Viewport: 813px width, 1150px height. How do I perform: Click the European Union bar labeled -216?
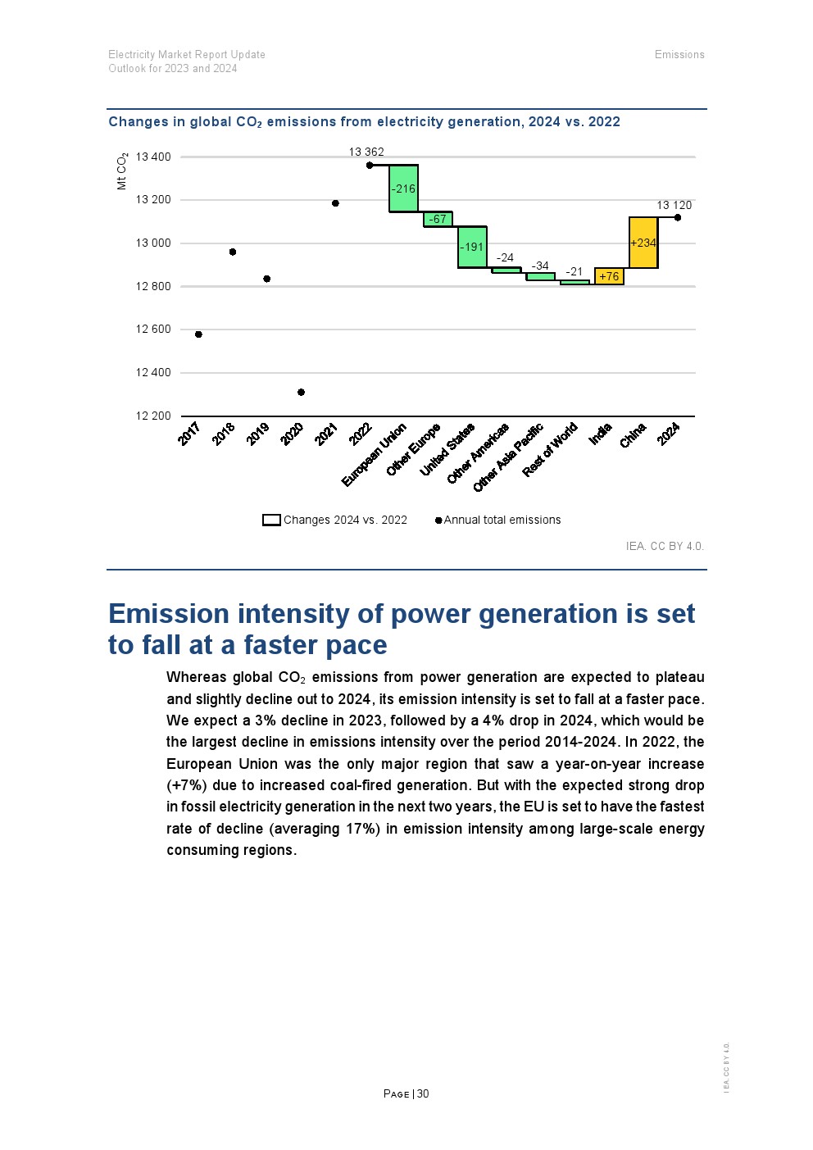(403, 189)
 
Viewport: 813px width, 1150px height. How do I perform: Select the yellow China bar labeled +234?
(643, 243)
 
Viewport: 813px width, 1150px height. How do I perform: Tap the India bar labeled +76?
(609, 276)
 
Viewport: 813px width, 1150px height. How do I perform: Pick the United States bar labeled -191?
(472, 247)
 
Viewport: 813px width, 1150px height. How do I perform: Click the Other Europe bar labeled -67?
(438, 219)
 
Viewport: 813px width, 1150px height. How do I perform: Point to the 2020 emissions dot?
(301, 393)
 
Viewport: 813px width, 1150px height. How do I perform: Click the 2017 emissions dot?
(198, 334)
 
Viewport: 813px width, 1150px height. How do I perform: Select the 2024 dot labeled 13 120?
(678, 217)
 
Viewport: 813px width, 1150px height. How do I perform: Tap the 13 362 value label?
(366, 152)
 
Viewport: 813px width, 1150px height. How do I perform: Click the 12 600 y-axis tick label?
(153, 330)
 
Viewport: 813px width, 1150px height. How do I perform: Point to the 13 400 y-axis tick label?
(153, 157)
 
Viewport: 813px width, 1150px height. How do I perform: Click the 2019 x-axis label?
(258, 434)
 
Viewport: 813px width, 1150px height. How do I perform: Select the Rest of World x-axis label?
(551, 449)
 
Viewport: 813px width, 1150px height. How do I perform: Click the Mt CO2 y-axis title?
(122, 171)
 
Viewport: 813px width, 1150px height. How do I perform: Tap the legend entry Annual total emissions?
(502, 520)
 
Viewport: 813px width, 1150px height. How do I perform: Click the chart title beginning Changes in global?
(364, 122)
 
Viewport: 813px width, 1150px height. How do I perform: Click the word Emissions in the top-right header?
(679, 55)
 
